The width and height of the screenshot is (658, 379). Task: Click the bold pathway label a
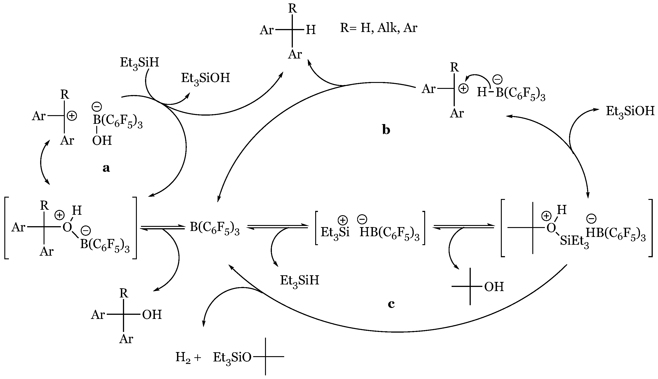pyautogui.click(x=106, y=168)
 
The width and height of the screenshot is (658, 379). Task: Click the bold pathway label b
pyautogui.click(x=386, y=130)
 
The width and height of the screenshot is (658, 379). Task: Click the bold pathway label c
pyautogui.click(x=391, y=304)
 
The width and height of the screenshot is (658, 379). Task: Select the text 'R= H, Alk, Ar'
pyautogui.click(x=379, y=28)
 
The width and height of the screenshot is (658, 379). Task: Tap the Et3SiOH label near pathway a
pyautogui.click(x=205, y=78)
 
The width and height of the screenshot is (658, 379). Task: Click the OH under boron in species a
pyautogui.click(x=102, y=141)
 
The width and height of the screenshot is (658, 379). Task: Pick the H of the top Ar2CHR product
pyautogui.click(x=311, y=30)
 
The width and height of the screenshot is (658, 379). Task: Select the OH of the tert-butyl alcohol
pyautogui.click(x=494, y=287)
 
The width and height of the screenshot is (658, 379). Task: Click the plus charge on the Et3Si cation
pyautogui.click(x=343, y=220)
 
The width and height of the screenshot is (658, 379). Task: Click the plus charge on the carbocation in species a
pyautogui.click(x=72, y=116)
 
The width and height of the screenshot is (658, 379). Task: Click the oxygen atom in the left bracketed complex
pyautogui.click(x=67, y=228)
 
